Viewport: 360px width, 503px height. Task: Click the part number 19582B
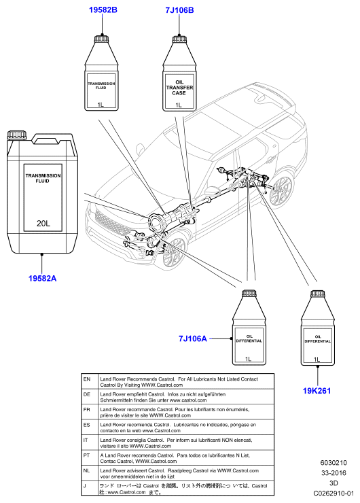coord(103,10)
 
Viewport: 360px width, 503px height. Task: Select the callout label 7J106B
coord(179,10)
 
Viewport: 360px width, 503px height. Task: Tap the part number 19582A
coord(42,278)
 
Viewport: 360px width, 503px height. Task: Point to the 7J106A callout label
coord(193,339)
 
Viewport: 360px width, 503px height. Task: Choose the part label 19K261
coord(317,391)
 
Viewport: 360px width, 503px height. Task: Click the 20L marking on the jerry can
coord(43,223)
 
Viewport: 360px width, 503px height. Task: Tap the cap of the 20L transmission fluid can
coord(17,135)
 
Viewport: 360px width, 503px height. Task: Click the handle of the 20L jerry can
coord(53,139)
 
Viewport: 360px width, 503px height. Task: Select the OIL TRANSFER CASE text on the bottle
coord(179,88)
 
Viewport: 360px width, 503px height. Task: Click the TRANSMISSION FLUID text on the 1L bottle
coord(101,86)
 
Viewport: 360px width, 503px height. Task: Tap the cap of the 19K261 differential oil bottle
coord(317,294)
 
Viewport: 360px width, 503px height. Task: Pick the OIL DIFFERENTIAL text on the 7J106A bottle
coord(249,339)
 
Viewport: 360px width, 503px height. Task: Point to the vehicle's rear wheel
coord(281,190)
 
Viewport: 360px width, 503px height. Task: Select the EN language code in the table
coord(87,379)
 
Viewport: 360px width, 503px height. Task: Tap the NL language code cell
coord(87,470)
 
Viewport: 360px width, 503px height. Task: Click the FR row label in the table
coord(87,410)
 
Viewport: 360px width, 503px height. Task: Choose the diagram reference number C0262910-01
coord(334,493)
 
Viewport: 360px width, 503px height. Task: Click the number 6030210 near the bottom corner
coord(334,463)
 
